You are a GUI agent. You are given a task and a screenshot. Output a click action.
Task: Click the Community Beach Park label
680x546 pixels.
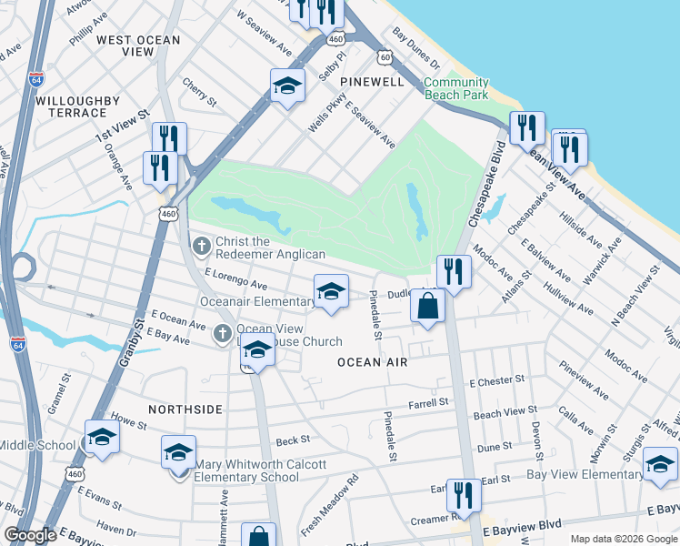pyautogui.click(x=456, y=88)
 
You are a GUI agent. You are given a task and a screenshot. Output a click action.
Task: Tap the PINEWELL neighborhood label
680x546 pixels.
pyautogui.click(x=371, y=82)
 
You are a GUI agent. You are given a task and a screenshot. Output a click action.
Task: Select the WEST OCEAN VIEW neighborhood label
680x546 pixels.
pyautogui.click(x=138, y=45)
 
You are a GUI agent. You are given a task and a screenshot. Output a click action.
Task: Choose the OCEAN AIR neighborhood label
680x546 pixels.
pyautogui.click(x=371, y=362)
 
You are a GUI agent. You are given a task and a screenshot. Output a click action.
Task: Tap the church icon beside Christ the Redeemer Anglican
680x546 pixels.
pyautogui.click(x=202, y=245)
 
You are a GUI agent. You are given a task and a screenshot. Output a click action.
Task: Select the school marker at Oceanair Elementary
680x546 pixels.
pyautogui.click(x=330, y=292)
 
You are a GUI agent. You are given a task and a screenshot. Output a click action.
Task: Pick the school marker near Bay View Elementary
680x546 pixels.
pyautogui.click(x=659, y=464)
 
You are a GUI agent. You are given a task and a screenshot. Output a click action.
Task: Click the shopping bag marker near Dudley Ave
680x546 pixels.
pyautogui.click(x=428, y=306)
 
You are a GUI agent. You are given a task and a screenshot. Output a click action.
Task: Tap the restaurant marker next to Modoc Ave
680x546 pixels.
pyautogui.click(x=452, y=271)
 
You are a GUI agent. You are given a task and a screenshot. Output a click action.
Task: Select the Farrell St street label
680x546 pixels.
pyautogui.click(x=429, y=401)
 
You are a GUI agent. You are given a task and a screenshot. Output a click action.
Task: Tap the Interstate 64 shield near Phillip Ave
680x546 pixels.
pyautogui.click(x=36, y=79)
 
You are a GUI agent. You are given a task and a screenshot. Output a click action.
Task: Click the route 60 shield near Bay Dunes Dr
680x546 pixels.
pyautogui.click(x=386, y=57)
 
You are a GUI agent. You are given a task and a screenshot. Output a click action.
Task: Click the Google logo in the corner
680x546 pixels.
pyautogui.click(x=30, y=535)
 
